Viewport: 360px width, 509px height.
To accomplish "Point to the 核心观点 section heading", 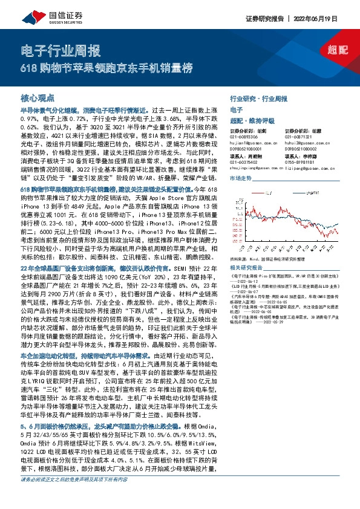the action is click(x=38, y=97).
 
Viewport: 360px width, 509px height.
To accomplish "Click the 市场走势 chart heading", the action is click(x=240, y=180).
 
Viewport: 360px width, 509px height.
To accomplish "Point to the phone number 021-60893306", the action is click(x=247, y=137).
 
